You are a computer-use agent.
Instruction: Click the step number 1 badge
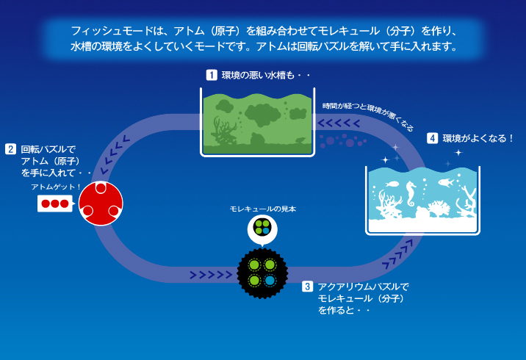[x=212, y=74]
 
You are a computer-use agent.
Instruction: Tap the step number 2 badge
[x=11, y=149]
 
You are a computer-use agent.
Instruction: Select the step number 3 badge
[x=307, y=287]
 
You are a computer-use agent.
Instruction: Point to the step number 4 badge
[x=433, y=138]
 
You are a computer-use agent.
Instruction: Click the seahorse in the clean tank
[x=411, y=193]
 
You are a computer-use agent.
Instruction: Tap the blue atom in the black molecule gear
[x=270, y=280]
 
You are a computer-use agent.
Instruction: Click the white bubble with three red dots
[x=55, y=204]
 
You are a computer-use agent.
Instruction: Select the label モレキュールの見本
[x=263, y=209]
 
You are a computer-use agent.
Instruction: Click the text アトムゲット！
[x=56, y=187]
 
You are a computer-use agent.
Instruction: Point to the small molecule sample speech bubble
[x=262, y=229]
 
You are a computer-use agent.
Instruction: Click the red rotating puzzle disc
[x=101, y=204]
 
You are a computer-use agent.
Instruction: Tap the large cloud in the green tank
[x=263, y=115]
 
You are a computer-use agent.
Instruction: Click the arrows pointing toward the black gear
[x=211, y=275]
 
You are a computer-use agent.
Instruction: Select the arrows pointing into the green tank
[x=339, y=123]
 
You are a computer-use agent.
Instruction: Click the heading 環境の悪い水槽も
[x=266, y=75]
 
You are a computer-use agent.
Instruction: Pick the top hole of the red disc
[x=101, y=188]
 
